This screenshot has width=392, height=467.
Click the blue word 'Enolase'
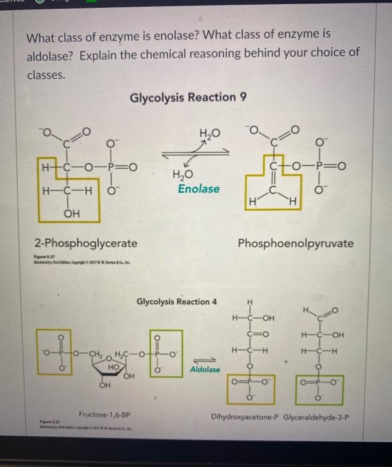[199, 189]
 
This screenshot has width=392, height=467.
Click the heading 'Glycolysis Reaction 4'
[177, 302]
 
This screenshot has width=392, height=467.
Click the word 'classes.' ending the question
[46, 75]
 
